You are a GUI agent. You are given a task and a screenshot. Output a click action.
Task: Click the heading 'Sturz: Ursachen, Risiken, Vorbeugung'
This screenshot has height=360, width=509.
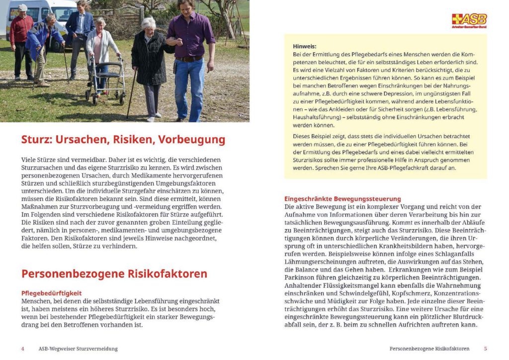pos(123,140)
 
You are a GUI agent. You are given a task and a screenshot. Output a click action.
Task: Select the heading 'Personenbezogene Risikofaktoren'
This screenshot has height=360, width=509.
pos(114,274)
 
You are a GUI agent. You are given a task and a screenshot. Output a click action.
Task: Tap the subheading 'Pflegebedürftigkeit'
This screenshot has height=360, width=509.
pos(51,293)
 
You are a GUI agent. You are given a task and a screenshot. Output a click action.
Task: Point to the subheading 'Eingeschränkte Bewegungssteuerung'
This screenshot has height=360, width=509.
pos(342,199)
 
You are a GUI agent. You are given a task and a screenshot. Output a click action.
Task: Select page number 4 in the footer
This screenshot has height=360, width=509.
pos(22,349)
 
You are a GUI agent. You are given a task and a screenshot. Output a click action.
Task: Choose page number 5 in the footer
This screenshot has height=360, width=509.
pos(486,349)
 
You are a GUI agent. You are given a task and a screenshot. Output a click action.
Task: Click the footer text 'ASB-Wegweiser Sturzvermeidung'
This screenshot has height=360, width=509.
pos(78,349)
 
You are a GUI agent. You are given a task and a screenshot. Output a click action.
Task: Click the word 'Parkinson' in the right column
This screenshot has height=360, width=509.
pos(301,277)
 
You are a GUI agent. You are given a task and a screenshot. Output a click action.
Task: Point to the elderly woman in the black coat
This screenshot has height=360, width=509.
pos(149,65)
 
